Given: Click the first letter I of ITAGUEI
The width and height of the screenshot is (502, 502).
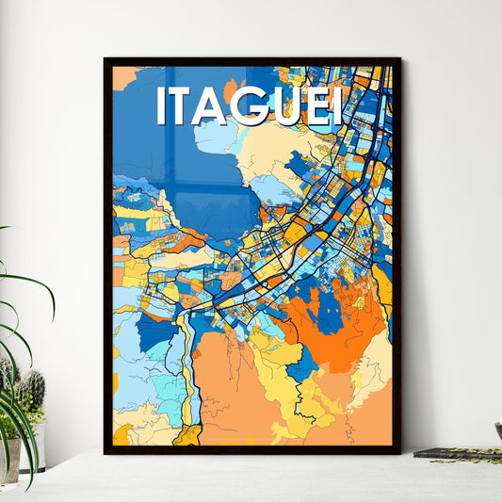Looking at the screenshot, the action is [161, 106].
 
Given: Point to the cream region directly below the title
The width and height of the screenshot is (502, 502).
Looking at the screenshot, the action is [273, 151].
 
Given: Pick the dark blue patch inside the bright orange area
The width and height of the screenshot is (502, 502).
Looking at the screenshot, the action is [330, 316].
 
